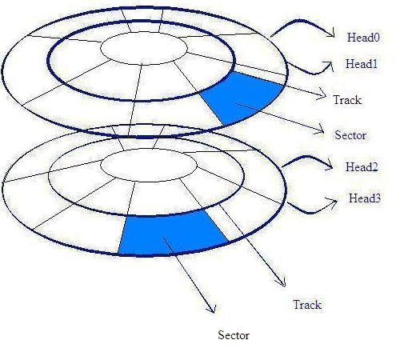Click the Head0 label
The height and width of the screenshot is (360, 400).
pyautogui.click(x=363, y=38)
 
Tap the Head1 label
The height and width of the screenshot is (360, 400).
pyautogui.click(x=362, y=64)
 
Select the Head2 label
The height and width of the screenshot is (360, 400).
pyautogui.click(x=362, y=167)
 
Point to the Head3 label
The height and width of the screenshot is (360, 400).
pyautogui.click(x=365, y=198)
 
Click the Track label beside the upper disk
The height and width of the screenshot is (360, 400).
pyautogui.click(x=347, y=100)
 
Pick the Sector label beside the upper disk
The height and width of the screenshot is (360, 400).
pyautogui.click(x=350, y=135)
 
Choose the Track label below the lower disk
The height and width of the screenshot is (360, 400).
pyautogui.click(x=307, y=305)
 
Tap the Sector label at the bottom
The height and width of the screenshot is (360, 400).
pyautogui.click(x=234, y=335)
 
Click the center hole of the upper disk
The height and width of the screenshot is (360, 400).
pyautogui.click(x=144, y=48)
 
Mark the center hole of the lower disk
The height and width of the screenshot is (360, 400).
pyautogui.click(x=149, y=166)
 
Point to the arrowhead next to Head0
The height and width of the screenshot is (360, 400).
pyautogui.click(x=330, y=33)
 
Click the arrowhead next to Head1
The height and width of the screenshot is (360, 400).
pyautogui.click(x=330, y=66)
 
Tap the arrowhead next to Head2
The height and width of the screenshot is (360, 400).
pyautogui.click(x=329, y=163)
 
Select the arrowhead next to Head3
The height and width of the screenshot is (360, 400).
pyautogui.click(x=333, y=202)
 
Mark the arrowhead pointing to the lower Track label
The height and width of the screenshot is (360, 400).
pyautogui.click(x=282, y=282)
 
